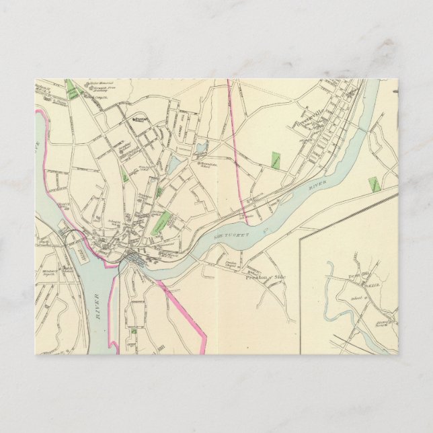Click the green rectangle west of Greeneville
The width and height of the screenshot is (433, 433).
[x=275, y=160]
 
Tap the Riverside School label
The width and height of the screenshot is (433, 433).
[x=206, y=163]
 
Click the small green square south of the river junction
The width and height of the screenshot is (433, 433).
[x=134, y=331]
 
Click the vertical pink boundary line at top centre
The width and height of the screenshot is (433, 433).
[x=231, y=114]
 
